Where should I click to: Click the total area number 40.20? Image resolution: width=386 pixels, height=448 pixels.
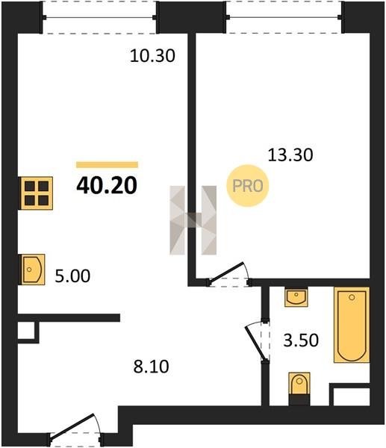click(107, 185)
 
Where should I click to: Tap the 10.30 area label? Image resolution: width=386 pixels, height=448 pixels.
click(152, 56)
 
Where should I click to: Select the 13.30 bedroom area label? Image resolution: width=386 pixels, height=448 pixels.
click(290, 155)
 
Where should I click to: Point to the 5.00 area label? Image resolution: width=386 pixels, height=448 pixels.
click(72, 276)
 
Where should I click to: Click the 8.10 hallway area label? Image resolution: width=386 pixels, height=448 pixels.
click(151, 367)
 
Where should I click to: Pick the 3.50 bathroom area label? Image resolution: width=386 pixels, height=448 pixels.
click(301, 340)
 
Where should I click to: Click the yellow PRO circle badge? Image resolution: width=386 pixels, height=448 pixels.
click(248, 186)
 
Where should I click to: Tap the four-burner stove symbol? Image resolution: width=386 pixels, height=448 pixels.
click(36, 193)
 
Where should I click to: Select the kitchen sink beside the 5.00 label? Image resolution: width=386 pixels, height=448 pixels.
click(31, 270)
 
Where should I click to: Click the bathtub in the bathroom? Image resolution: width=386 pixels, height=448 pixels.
click(352, 325)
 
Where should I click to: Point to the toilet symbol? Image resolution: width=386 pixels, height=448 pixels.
click(299, 388)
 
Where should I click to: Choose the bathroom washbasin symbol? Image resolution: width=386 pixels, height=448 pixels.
click(296, 297)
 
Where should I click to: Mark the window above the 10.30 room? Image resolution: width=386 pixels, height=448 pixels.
click(99, 17)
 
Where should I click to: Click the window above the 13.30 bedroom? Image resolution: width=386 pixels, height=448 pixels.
click(284, 17)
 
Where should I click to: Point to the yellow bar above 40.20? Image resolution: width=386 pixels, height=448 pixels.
click(108, 164)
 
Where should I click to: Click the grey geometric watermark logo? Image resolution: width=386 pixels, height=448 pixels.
click(193, 220)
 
